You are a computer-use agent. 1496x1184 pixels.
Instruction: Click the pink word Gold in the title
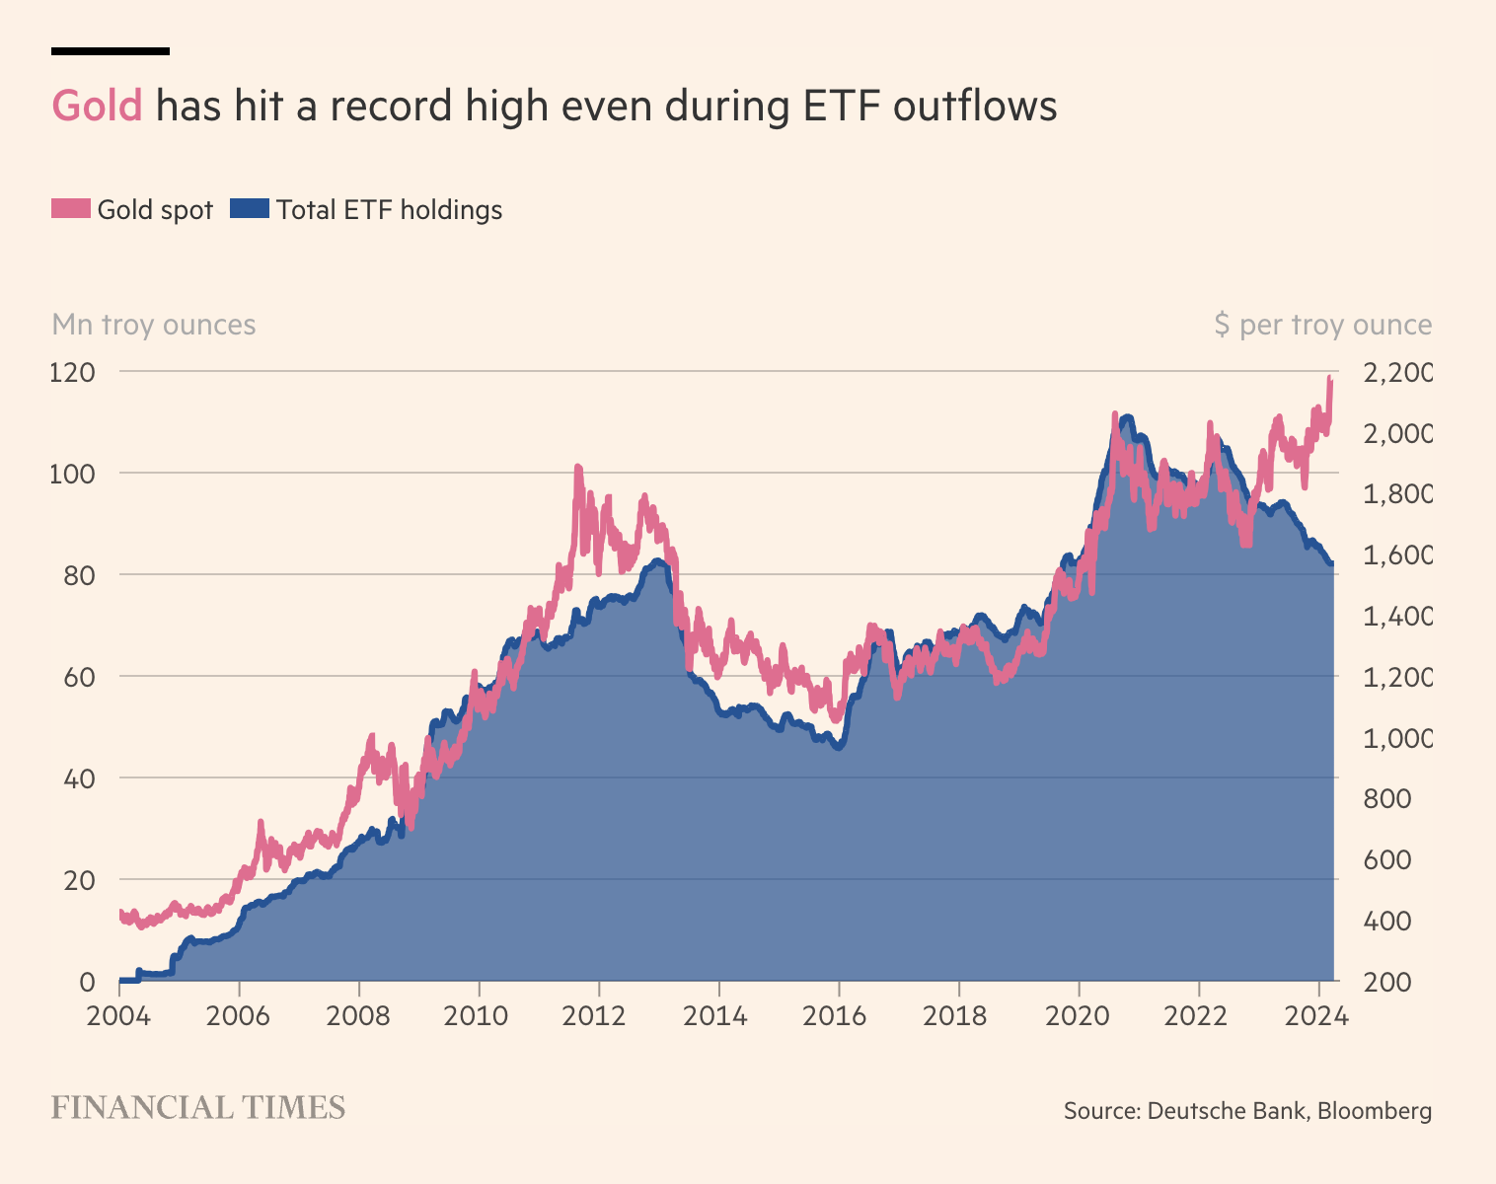[x=97, y=106]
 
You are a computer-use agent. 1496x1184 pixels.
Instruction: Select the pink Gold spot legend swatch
[x=71, y=209]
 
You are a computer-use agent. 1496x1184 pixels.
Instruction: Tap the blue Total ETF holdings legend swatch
[x=249, y=209]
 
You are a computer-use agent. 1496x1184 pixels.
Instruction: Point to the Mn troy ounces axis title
[x=154, y=325]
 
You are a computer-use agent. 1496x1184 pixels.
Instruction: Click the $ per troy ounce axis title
[x=1322, y=325]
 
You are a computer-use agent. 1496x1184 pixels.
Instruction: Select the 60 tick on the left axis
[x=79, y=677]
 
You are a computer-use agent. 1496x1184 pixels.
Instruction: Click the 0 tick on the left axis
[x=87, y=982]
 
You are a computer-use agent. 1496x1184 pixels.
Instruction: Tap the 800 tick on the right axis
[x=1386, y=799]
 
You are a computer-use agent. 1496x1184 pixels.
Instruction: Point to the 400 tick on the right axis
[x=1386, y=922]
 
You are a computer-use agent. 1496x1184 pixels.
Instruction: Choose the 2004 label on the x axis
[x=118, y=1015]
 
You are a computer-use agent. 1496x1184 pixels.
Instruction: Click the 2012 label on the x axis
[x=598, y=1015]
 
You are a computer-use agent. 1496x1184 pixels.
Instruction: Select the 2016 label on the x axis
[x=838, y=1015]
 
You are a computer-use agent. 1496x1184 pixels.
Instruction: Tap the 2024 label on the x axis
[x=1318, y=1015]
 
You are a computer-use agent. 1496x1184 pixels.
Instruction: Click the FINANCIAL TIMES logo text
[x=198, y=1108]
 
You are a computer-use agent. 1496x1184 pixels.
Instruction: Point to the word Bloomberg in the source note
[x=1375, y=1111]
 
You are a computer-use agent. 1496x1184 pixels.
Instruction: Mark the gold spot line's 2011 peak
[x=578, y=468]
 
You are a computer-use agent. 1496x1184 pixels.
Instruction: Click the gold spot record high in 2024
[x=1330, y=378]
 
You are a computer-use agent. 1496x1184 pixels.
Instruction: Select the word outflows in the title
[x=975, y=106]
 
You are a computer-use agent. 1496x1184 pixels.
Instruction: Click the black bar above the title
[x=111, y=50]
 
